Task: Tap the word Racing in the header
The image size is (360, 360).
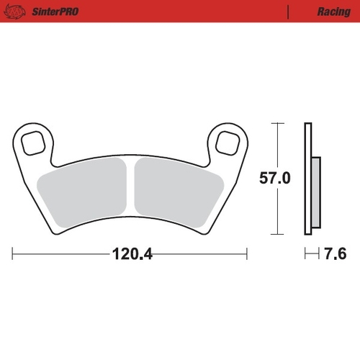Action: [333, 12]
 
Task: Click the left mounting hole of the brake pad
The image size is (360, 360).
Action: [32, 143]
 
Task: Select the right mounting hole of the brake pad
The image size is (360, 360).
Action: [229, 143]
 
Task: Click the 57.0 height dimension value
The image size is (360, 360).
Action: [275, 179]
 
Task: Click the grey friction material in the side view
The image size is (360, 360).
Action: [315, 188]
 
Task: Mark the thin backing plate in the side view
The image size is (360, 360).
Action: [307, 180]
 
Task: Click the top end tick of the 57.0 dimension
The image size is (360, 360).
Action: [275, 123]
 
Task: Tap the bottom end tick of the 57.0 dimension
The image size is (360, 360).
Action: [275, 235]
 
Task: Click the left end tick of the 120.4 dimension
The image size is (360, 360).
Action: [13, 253]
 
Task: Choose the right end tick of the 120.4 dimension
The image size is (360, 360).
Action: [247, 253]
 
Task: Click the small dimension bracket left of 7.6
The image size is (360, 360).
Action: [310, 253]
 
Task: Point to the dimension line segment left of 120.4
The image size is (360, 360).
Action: [61, 253]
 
